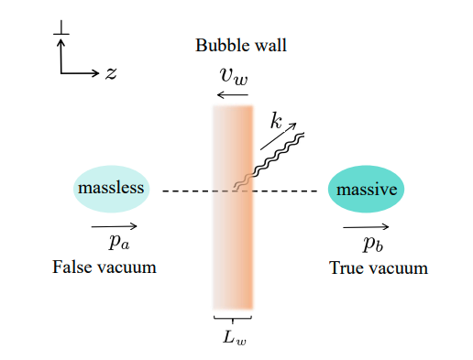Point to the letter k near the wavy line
click(x=276, y=120)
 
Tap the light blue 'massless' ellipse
click(x=111, y=189)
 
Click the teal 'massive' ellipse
click(x=367, y=191)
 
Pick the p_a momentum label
click(x=116, y=242)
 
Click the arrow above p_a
click(x=115, y=225)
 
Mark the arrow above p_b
click(x=366, y=226)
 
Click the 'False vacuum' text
click(x=104, y=267)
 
